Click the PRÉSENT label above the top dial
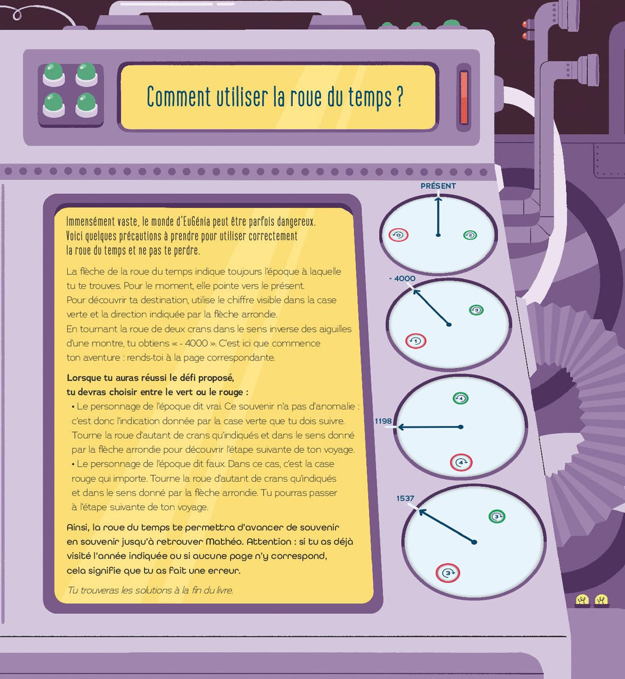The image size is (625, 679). click(x=438, y=186)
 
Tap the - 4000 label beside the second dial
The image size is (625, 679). click(x=402, y=278)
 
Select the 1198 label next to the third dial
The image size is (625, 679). click(x=383, y=421)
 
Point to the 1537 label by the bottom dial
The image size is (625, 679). click(x=405, y=498)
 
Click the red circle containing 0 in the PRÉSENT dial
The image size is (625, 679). click(x=399, y=235)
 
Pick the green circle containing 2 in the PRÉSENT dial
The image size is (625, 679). click(x=470, y=235)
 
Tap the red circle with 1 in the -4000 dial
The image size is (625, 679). click(x=416, y=341)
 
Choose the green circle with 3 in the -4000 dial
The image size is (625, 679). click(x=477, y=310)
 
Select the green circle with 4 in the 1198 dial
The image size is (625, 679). click(x=460, y=398)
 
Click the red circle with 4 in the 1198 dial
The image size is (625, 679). click(x=461, y=462)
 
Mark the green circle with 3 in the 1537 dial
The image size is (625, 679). click(x=497, y=516)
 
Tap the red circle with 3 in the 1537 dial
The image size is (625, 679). click(x=448, y=573)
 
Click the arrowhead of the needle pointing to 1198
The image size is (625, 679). click(x=400, y=428)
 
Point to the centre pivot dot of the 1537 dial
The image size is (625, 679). click(x=474, y=542)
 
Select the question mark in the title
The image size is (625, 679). click(x=399, y=96)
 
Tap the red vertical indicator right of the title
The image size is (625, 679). click(x=464, y=98)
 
